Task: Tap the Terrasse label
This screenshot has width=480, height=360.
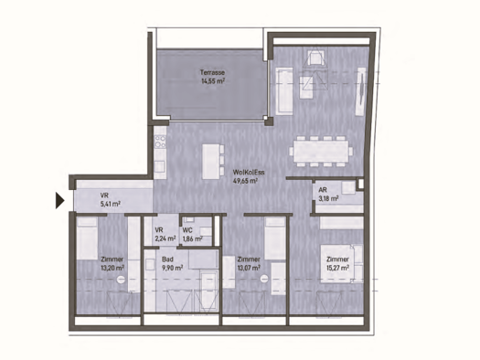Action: click(214, 72)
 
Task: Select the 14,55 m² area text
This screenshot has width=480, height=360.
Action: click(214, 80)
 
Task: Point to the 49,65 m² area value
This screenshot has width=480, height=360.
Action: click(246, 181)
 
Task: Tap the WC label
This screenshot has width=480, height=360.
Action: click(187, 230)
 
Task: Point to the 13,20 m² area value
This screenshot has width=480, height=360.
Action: click(112, 268)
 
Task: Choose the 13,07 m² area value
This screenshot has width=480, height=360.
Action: click(249, 268)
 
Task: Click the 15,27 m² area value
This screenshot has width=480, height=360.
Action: click(338, 268)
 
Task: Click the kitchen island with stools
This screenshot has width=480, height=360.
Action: click(211, 159)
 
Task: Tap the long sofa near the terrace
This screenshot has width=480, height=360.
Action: click(282, 89)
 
